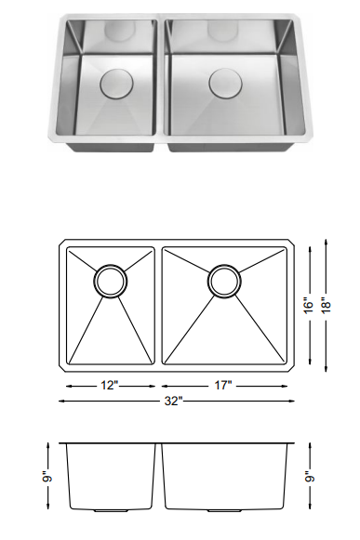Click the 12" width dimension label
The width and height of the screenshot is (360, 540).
(110, 384)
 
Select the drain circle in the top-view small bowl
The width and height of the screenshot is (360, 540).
(109, 281)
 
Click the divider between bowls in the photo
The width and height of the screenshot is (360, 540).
(161, 79)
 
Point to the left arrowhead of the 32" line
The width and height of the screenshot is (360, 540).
(61, 402)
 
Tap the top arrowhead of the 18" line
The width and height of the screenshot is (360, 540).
(327, 242)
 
